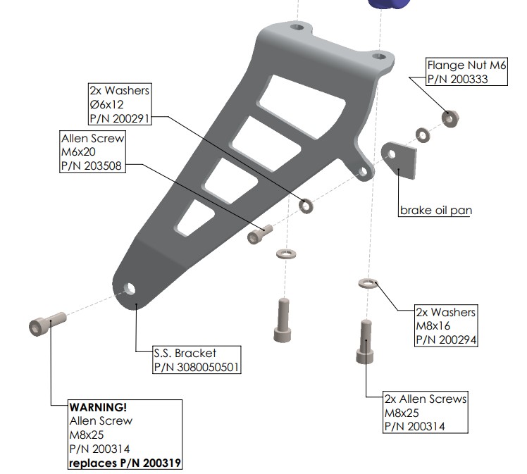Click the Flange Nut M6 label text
click(466, 65)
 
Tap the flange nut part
click(450, 118)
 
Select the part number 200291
click(119, 118)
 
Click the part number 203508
click(92, 166)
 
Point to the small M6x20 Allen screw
click(260, 234)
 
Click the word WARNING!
click(98, 407)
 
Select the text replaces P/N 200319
click(125, 463)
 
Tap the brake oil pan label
click(436, 211)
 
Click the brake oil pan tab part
click(399, 160)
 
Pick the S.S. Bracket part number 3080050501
click(197, 367)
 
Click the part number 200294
click(446, 339)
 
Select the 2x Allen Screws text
click(426, 399)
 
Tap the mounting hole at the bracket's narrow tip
click(130, 289)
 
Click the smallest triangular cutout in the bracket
click(195, 218)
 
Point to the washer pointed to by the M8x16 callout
click(368, 283)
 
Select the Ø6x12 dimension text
click(106, 104)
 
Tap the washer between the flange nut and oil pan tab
click(423, 135)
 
